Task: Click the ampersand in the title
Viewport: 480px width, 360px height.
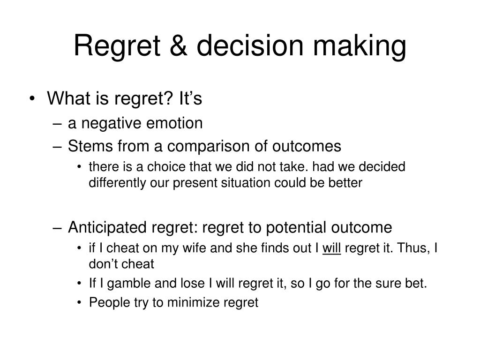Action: [178, 45]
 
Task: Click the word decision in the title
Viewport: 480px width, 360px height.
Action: [250, 45]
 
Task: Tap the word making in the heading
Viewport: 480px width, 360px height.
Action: [360, 47]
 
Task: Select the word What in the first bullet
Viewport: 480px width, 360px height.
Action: [68, 98]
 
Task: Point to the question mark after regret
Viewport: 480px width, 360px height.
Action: [169, 98]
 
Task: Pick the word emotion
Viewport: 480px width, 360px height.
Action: [174, 123]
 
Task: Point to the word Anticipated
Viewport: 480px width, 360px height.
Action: [107, 228]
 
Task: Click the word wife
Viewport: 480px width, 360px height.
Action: [195, 248]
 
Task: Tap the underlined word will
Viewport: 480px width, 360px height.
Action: [331, 248]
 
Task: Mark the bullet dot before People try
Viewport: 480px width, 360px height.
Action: [80, 303]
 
